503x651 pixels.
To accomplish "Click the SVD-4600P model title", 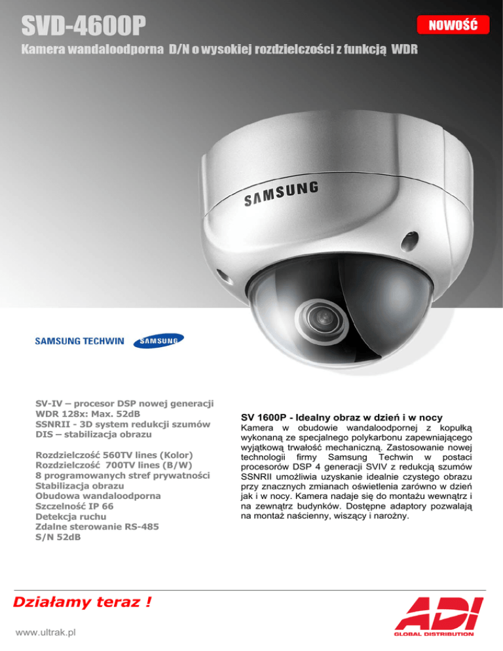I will click(82, 27).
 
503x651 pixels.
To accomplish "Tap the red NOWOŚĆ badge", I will click(452, 26).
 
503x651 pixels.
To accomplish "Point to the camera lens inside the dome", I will click(320, 316).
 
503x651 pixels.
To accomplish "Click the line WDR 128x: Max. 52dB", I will click(88, 413).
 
